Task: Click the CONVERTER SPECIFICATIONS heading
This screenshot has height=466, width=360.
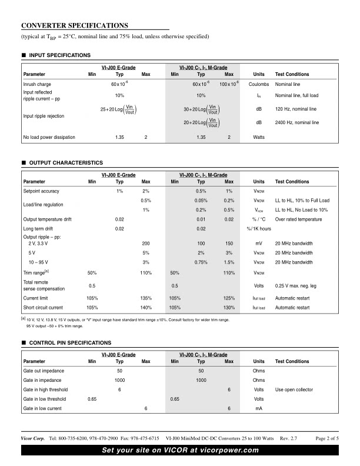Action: coord(74,25)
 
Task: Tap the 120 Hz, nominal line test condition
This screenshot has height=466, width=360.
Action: coord(296,109)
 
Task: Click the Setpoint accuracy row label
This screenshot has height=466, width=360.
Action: coord(41,191)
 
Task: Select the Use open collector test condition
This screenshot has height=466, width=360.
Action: coord(296,390)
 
